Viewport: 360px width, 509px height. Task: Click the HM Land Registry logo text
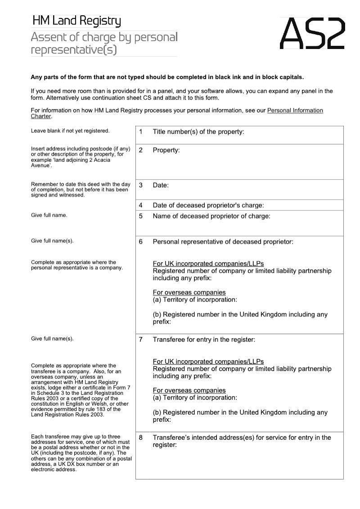76,21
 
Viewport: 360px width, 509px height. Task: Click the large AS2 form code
312,34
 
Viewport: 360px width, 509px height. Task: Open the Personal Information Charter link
295,111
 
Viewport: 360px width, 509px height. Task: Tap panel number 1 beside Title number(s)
141,132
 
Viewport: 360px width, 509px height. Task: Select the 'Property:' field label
166,150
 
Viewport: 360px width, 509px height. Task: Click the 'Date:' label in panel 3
161,185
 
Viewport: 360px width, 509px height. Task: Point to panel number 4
141,205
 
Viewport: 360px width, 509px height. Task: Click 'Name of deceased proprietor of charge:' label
211,216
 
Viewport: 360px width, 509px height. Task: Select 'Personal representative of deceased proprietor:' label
223,242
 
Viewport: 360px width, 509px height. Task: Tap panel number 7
141,339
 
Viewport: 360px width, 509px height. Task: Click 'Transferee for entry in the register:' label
204,339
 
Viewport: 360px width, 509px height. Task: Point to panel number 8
141,438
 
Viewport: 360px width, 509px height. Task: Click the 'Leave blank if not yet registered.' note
70,131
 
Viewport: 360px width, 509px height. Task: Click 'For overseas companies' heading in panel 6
189,293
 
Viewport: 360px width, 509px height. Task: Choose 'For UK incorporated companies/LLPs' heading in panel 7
208,362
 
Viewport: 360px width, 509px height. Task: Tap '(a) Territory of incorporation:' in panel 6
195,300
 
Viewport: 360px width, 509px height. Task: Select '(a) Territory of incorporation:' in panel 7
195,398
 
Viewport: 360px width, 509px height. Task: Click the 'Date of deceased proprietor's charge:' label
208,205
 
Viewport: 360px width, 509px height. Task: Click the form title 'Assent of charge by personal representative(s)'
104,43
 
